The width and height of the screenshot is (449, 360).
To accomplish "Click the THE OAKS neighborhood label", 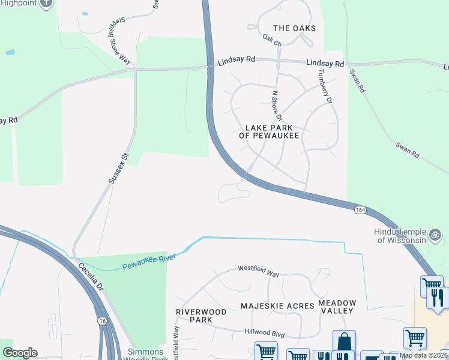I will click(294, 28).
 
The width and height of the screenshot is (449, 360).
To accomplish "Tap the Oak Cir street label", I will click(271, 40).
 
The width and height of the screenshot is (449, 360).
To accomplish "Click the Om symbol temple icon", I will click(436, 233).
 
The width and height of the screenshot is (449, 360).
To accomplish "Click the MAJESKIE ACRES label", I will click(277, 306).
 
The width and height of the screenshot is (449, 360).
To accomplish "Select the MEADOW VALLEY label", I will click(337, 307).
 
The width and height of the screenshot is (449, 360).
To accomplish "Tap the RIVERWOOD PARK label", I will click(201, 316).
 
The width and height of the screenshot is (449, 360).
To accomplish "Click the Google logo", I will click(20, 352).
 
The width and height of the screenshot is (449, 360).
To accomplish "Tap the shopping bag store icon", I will click(344, 341).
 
